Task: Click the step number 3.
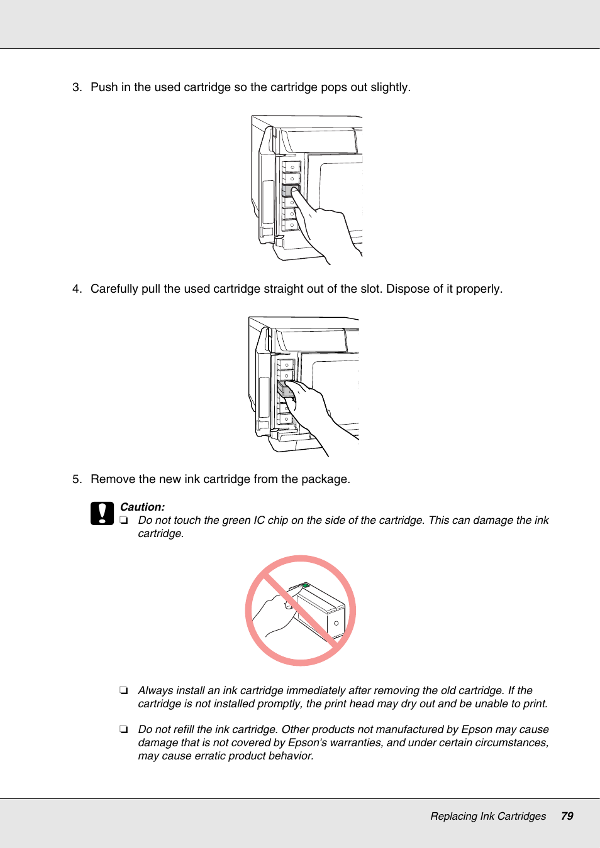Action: (x=76, y=87)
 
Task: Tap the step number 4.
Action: (x=76, y=289)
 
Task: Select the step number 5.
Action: (x=76, y=479)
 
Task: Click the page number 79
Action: (x=567, y=816)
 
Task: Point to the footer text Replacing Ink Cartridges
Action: (x=487, y=816)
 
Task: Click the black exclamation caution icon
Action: (x=102, y=513)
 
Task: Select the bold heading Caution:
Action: (x=142, y=507)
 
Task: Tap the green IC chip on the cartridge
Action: (x=306, y=585)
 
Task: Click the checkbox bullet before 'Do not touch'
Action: (x=124, y=520)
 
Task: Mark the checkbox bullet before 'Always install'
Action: (x=124, y=690)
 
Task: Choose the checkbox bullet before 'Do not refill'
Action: (x=124, y=729)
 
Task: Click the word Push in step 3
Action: (x=104, y=87)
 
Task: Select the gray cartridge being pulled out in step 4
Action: (x=285, y=389)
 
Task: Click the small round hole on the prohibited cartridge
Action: (x=336, y=623)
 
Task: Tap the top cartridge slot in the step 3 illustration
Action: (x=291, y=167)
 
